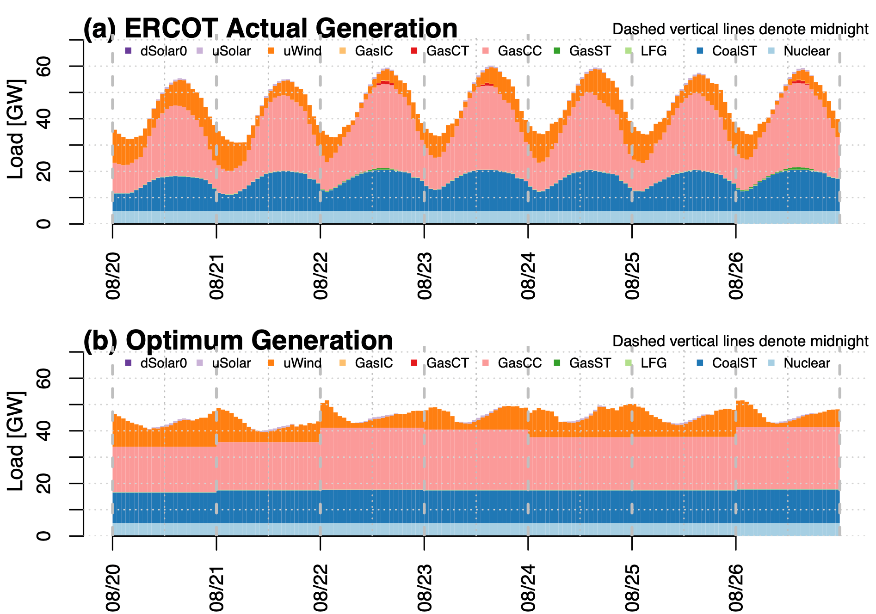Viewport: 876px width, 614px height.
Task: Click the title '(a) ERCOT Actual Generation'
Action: click(270, 29)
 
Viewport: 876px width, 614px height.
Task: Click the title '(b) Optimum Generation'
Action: click(238, 341)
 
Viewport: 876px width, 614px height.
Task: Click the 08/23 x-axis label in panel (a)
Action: click(425, 276)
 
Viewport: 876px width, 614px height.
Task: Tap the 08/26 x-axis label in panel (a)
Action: click(736, 276)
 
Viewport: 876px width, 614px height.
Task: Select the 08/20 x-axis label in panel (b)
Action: click(113, 588)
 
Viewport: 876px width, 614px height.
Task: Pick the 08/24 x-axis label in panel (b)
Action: click(528, 588)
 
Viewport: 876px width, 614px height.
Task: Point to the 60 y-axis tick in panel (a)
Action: click(44, 67)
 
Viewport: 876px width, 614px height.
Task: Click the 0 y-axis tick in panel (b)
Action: click(44, 536)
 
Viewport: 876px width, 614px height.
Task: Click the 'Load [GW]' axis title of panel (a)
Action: click(17, 129)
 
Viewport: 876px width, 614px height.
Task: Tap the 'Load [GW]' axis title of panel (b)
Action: click(17, 442)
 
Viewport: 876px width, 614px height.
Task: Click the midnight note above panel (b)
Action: click(740, 341)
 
